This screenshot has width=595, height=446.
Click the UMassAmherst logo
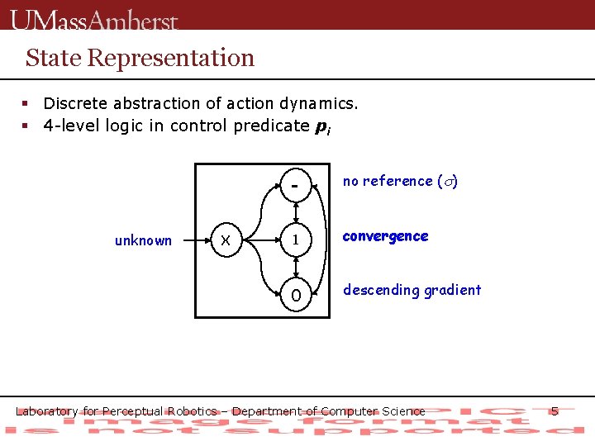click(x=94, y=19)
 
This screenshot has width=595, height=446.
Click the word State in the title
click(x=53, y=58)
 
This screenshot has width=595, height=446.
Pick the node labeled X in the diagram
click(x=224, y=240)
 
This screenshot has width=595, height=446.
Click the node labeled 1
click(x=295, y=240)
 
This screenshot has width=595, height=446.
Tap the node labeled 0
click(x=295, y=295)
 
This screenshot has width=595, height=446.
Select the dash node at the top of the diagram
click(x=295, y=186)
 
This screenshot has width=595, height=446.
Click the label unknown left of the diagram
click(x=143, y=241)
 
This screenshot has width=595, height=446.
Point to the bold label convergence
click(x=385, y=236)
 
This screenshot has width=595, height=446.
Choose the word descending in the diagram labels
click(x=378, y=290)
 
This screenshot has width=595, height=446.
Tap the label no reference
click(x=388, y=181)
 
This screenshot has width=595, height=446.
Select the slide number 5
click(x=555, y=410)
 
